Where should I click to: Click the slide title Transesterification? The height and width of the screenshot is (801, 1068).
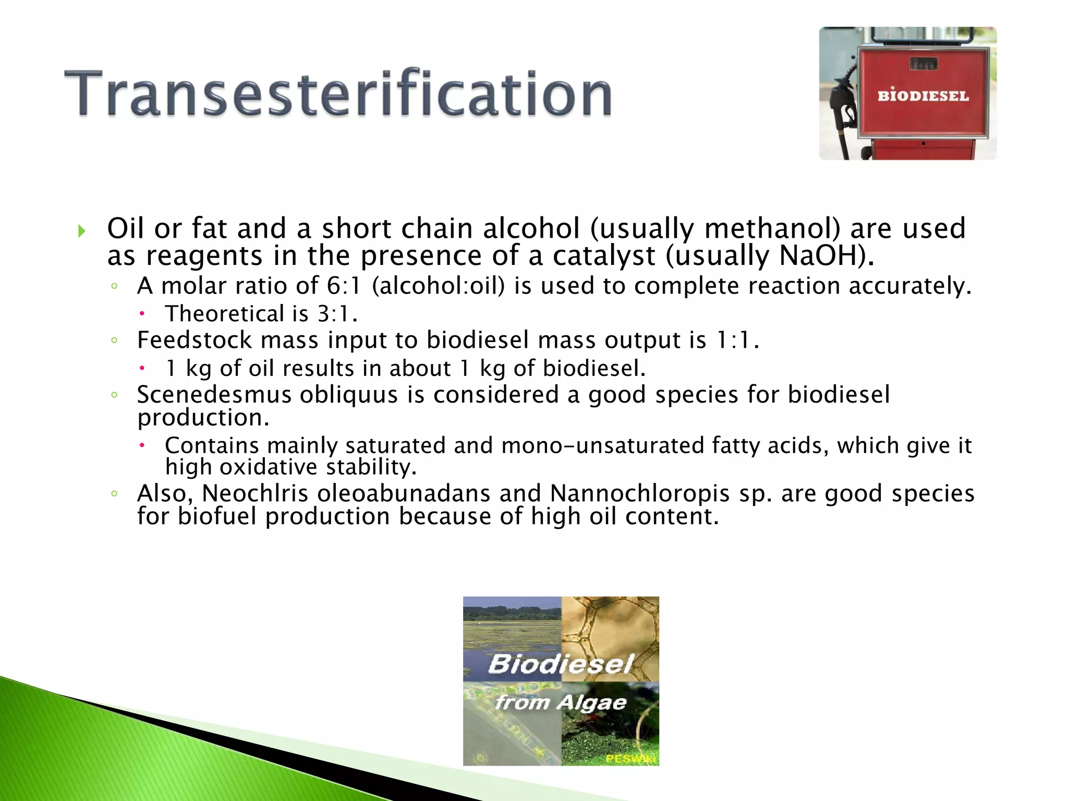(x=338, y=94)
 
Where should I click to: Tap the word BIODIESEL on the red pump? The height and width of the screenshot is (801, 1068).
(x=923, y=96)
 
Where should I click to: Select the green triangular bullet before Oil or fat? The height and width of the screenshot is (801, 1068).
(x=81, y=230)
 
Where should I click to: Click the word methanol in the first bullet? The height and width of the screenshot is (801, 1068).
(x=772, y=228)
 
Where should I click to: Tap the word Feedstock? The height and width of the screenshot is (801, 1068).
(x=195, y=340)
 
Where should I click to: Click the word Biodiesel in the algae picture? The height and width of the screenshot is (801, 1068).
(x=561, y=664)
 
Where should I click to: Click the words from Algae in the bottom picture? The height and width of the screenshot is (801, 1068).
(x=561, y=702)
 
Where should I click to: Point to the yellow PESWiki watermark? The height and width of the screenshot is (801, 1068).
(x=630, y=758)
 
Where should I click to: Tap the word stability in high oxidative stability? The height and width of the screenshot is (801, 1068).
(x=371, y=467)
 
